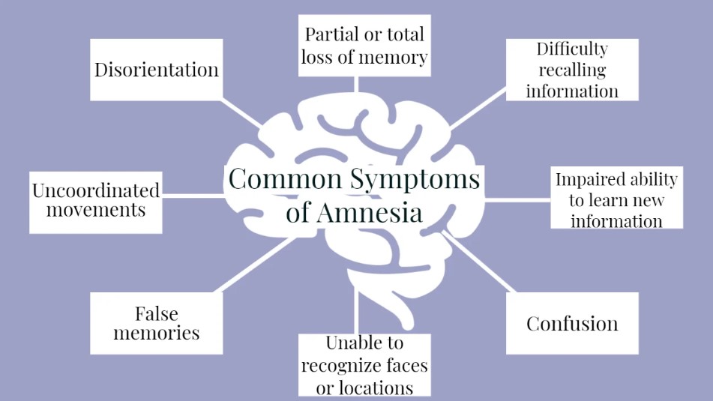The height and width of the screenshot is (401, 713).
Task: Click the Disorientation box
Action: (156, 70)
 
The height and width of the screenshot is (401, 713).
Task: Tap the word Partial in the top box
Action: (331, 34)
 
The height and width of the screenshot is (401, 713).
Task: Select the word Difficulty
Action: (571, 49)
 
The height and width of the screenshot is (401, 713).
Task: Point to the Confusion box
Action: (572, 323)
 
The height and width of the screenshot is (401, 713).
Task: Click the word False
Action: (156, 313)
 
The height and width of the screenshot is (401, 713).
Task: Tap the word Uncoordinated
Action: (95, 190)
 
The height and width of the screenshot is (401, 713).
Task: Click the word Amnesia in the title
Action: (370, 212)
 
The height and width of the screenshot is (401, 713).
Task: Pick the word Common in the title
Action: (285, 180)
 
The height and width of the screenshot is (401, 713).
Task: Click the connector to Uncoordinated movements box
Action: (193, 196)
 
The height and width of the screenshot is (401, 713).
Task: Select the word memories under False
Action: (156, 333)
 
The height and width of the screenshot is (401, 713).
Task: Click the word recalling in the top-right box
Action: (571, 70)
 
